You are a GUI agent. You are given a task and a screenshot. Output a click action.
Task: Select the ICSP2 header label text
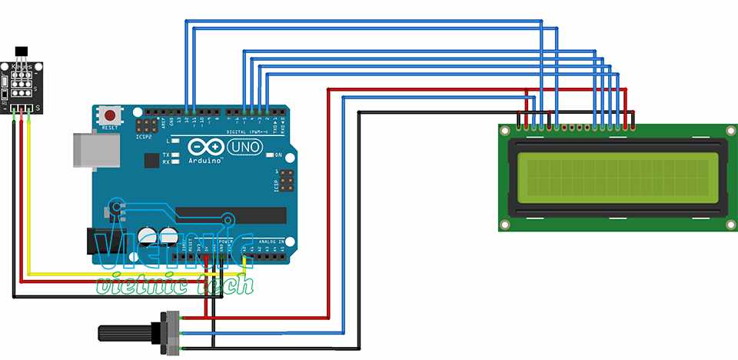coord(142,138)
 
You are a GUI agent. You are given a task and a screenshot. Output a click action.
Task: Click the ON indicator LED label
coord(279,155)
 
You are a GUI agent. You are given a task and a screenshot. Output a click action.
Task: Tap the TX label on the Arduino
coord(165,155)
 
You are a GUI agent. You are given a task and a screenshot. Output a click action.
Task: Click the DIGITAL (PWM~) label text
coord(247,132)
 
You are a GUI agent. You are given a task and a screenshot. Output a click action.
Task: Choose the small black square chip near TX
coord(165,160)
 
